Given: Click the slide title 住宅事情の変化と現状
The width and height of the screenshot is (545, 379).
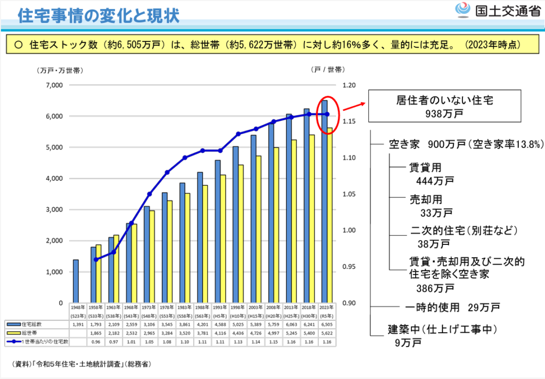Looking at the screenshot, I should (98, 15).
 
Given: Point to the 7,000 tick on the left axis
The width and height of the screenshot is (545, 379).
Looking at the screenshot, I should (54, 85).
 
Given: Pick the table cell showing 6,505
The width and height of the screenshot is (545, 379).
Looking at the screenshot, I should (327, 324).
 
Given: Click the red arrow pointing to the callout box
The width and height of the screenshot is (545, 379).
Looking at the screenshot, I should (354, 106).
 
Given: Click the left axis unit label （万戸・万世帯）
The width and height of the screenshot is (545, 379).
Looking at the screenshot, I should (60, 70).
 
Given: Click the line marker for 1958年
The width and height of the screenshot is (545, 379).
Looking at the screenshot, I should (96, 259).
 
